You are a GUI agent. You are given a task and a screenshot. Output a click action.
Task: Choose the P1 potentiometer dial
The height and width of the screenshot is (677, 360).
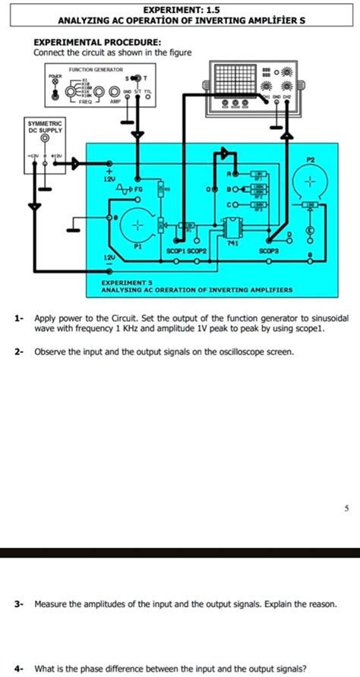tap(137, 225)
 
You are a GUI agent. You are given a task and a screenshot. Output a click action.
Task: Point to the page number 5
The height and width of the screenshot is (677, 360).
tap(346, 508)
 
